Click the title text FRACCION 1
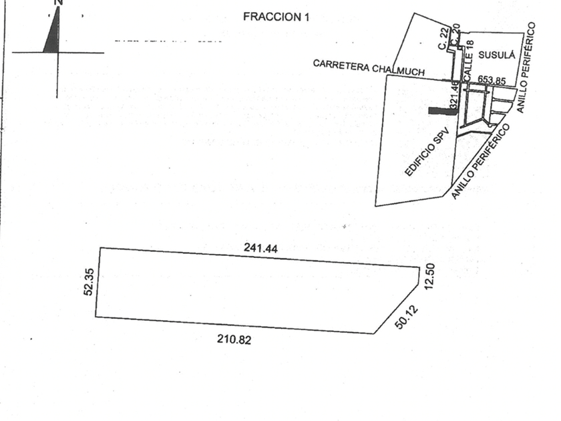pos(276,17)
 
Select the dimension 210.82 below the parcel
pos(234,339)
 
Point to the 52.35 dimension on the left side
pos(89,281)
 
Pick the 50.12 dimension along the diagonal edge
pos(405,315)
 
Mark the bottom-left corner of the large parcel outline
pos(96,317)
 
